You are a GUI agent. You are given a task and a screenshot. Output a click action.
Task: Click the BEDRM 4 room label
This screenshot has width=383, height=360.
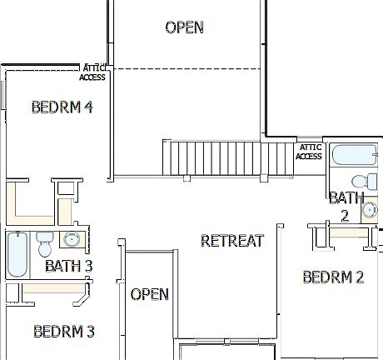[62, 107]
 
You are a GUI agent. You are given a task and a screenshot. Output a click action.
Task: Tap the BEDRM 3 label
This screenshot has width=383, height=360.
[63, 332]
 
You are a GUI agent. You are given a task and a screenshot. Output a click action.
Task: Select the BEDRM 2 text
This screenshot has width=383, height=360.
[333, 277]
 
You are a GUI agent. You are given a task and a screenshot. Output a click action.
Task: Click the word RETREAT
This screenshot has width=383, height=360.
[232, 241]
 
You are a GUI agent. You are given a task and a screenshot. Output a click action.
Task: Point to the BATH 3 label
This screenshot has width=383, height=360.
[68, 267]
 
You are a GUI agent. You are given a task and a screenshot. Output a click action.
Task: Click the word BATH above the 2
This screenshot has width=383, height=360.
[346, 197]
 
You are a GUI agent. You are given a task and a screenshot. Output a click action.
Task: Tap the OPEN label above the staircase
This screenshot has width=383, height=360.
[184, 27]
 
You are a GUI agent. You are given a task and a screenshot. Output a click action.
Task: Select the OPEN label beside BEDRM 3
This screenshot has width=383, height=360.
[150, 294]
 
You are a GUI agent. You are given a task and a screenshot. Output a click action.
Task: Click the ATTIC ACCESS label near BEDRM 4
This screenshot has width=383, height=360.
[92, 72]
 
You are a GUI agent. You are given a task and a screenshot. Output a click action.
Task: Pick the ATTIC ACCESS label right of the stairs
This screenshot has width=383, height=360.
[309, 152]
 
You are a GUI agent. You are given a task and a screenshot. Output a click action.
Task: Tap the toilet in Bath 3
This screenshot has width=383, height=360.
[45, 244]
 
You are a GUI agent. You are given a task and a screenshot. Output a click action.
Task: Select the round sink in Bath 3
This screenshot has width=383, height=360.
[72, 240]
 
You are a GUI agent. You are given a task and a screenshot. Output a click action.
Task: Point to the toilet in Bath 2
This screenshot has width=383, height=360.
[359, 181]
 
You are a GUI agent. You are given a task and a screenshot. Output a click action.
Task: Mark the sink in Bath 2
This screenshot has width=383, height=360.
[370, 210]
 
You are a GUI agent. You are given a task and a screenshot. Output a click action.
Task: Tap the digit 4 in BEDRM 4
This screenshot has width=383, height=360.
[87, 107]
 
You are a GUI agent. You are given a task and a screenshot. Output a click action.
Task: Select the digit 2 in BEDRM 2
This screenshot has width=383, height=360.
[359, 277]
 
